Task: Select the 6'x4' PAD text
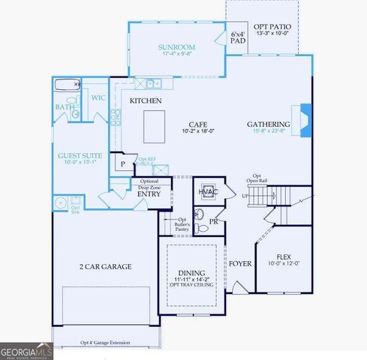238,38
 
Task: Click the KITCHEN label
146,100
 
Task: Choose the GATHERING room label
269,124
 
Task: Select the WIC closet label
98,97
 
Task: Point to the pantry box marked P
122,165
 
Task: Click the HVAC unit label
207,191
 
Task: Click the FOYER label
240,264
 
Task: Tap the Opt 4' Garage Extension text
105,343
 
